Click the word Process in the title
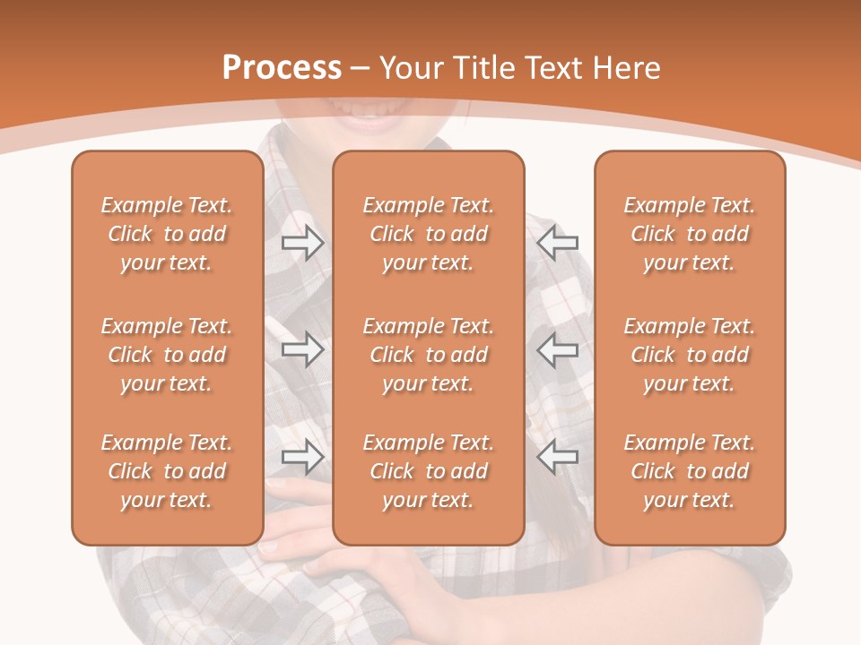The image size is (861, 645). point(282,68)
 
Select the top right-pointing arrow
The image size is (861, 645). point(302,242)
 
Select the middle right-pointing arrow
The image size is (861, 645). point(302,349)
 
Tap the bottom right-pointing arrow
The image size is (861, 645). point(302,457)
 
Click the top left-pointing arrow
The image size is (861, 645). point(557,242)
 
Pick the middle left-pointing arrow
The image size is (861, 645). point(557,349)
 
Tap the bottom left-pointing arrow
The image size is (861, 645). point(557,457)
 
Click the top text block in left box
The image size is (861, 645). point(167,234)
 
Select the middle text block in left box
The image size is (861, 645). point(167,355)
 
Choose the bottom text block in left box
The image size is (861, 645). point(167,471)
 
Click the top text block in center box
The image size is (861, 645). point(428,234)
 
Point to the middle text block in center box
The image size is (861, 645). point(428,355)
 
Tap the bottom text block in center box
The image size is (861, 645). point(428,471)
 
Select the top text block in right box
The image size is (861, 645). point(689,234)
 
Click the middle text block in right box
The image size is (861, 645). point(689,355)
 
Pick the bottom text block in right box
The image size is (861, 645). point(689,471)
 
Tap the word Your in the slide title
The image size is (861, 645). point(410,68)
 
